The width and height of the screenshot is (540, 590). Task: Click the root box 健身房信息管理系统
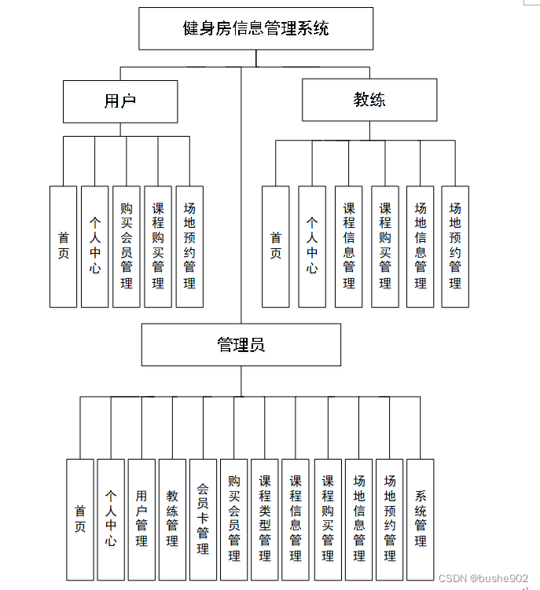[x=255, y=29]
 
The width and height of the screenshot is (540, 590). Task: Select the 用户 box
[x=120, y=101]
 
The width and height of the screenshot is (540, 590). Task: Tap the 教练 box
[x=369, y=100]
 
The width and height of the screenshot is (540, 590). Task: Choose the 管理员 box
[x=241, y=345]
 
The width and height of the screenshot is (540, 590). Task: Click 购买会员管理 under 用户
[x=127, y=246]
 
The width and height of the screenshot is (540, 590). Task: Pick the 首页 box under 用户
[x=63, y=246]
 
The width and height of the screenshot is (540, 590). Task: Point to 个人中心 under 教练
[x=312, y=246]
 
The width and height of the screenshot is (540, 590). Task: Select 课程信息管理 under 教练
[x=349, y=246]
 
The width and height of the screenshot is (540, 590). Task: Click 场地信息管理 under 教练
[x=421, y=246]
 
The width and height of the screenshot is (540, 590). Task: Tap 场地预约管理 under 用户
[x=189, y=246]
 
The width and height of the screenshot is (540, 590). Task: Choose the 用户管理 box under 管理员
[x=141, y=519]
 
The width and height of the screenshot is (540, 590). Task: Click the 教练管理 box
[x=172, y=519]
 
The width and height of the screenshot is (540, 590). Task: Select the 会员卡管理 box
[x=203, y=519]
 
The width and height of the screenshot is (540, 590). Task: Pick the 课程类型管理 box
[x=265, y=519]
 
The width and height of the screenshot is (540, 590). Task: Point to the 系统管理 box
[x=421, y=519]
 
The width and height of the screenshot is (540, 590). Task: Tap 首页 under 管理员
[x=79, y=519]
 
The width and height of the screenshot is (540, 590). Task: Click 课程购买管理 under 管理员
[x=328, y=519]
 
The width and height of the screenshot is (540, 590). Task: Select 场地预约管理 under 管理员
[x=390, y=519]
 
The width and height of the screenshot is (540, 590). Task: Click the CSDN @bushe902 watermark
[x=483, y=578]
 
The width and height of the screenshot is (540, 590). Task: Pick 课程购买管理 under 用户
[x=158, y=246]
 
